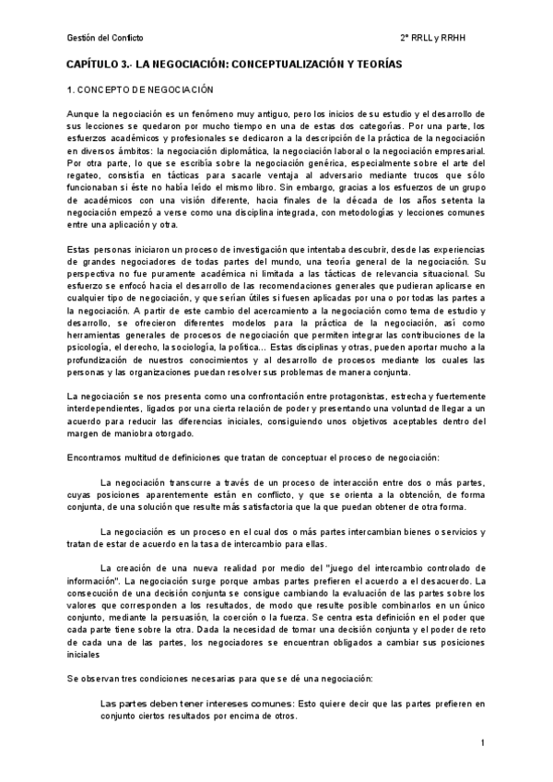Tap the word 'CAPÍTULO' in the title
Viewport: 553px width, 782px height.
click(93, 65)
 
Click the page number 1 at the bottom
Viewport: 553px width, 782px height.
click(483, 743)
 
